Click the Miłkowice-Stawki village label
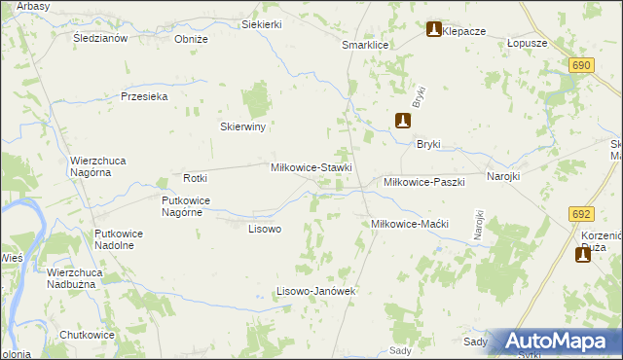click(x=311, y=167)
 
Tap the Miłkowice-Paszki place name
click(x=424, y=182)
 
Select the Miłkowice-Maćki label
click(x=409, y=224)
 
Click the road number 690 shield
click(x=582, y=64)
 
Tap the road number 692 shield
click(x=582, y=214)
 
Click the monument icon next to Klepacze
click(x=433, y=31)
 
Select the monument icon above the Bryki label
click(x=403, y=122)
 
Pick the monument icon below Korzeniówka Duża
click(x=584, y=254)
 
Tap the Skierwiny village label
click(x=243, y=126)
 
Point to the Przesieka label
click(x=145, y=96)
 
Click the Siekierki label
click(x=262, y=24)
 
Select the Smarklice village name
click(x=365, y=46)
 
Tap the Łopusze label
click(x=528, y=44)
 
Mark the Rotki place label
click(x=196, y=178)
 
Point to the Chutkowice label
click(x=87, y=335)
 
